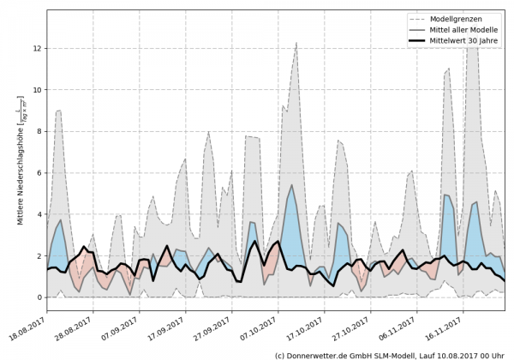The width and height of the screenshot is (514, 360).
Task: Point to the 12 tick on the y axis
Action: coord(38,48)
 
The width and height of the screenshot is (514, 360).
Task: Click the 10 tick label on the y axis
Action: coord(38,90)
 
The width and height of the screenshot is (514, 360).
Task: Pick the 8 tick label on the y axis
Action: coord(39,131)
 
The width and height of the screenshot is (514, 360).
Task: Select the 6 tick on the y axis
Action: coord(39,173)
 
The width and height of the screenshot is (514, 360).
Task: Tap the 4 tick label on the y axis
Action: coord(39,214)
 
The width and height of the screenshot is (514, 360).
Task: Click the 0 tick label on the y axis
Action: coord(39,297)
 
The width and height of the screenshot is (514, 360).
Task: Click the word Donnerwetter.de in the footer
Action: coord(318,354)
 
